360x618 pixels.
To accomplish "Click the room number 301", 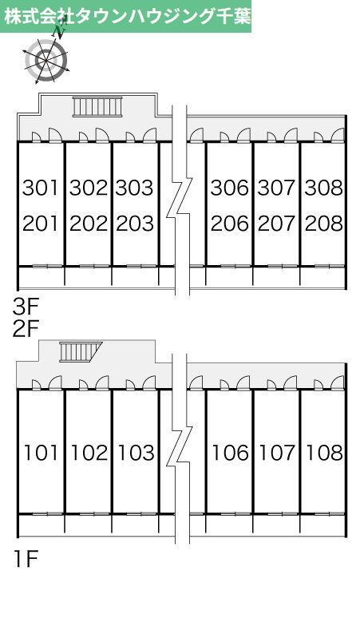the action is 40,188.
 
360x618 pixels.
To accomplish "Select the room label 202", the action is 89,224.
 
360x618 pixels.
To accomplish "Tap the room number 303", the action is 134,188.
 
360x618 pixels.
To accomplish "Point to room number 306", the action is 230,188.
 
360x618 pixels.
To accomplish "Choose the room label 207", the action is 276,224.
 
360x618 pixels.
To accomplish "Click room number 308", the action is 324,188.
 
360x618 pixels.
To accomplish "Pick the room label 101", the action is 41,453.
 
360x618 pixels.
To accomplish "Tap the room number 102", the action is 89,453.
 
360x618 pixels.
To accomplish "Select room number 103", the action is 136,453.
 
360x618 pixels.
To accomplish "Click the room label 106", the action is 231,453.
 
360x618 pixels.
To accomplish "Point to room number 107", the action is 277,453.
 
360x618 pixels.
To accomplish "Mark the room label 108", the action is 325,453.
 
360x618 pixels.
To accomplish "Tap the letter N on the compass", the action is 60,34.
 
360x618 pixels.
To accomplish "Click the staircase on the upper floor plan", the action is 97,107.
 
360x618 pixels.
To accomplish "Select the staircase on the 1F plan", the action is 81,351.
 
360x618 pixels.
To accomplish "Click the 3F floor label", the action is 25,307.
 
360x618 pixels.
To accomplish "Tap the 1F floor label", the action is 26,558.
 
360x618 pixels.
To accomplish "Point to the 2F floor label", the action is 25,330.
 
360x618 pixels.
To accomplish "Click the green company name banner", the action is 125,16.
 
